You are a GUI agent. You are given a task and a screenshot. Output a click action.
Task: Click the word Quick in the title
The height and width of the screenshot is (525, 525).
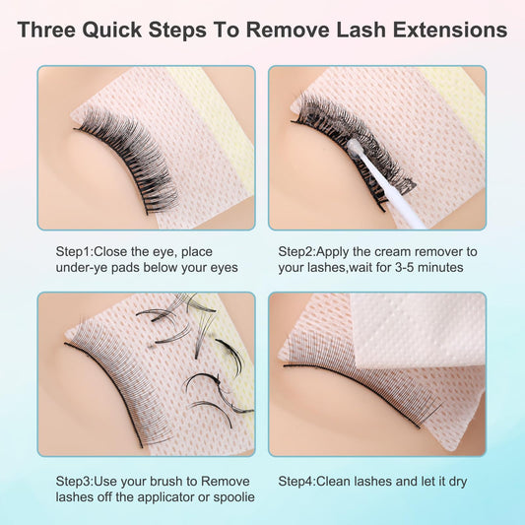coord(111,30)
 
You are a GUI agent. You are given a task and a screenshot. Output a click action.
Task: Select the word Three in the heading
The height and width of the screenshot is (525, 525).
coord(46,30)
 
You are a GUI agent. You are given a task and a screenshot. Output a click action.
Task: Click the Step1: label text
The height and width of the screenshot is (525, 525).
coord(75,252)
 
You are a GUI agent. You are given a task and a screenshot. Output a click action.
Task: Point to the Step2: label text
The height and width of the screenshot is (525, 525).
coord(297,252)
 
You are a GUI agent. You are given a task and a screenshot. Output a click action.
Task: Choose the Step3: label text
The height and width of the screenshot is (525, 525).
coord(75,482)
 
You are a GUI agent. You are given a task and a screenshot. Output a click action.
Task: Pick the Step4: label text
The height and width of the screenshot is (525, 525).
coord(297,482)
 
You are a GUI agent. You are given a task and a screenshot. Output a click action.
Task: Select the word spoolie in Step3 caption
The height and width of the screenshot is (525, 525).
coord(233,497)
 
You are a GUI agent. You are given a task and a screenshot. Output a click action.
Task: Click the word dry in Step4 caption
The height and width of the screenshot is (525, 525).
coord(458,482)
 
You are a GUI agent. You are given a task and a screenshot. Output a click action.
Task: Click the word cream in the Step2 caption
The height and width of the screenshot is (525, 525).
coord(390,252)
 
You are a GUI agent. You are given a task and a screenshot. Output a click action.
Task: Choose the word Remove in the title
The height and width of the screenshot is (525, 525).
coord(288,30)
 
